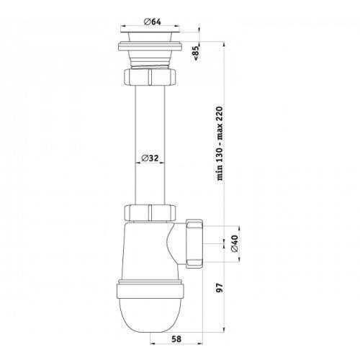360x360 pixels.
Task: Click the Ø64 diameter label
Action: (x=152, y=22)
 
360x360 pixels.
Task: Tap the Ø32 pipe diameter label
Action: (x=150, y=158)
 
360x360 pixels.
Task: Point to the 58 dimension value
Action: (x=176, y=339)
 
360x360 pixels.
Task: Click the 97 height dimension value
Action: (x=220, y=287)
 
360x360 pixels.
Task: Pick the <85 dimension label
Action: (x=196, y=53)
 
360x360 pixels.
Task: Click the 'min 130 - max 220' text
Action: (x=220, y=143)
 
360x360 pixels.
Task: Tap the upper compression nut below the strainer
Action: (x=150, y=76)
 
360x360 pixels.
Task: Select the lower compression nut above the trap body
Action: (x=150, y=212)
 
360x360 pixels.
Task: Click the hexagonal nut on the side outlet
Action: (x=194, y=243)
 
